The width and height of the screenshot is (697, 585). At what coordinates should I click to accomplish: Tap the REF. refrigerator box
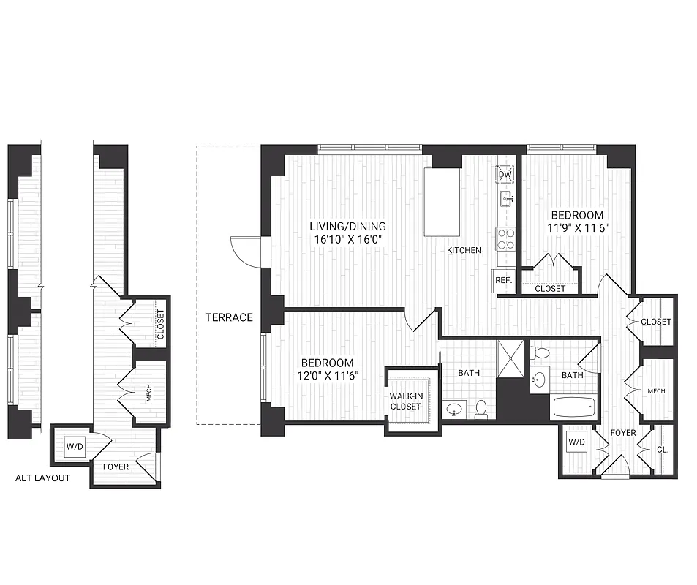point(502,280)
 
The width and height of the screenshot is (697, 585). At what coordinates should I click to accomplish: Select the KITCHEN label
point(464,250)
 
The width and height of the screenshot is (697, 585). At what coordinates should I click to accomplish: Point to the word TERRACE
point(229,317)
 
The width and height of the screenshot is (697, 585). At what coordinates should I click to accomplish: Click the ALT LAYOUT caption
point(43,478)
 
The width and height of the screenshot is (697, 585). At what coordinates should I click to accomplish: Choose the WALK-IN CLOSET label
point(405,401)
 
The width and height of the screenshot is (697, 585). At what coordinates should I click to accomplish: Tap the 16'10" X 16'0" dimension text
point(347,238)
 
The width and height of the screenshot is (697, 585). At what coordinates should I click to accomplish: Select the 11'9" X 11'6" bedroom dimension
point(577,227)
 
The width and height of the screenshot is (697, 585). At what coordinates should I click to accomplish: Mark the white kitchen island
point(442,201)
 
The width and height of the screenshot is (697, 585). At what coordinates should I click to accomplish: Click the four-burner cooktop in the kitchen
point(505,239)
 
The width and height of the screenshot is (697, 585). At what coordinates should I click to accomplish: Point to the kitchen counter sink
point(505,198)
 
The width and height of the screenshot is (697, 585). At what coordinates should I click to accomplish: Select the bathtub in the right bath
point(573,407)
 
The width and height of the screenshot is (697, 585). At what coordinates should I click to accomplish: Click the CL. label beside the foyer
point(663,450)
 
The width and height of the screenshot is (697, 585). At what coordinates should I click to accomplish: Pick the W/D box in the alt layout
point(74,446)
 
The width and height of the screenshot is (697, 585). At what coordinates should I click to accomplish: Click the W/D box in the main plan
point(576,442)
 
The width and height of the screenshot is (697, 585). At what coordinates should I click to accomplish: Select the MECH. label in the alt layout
point(149,394)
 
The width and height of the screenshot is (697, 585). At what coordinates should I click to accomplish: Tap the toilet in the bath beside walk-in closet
point(481,409)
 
